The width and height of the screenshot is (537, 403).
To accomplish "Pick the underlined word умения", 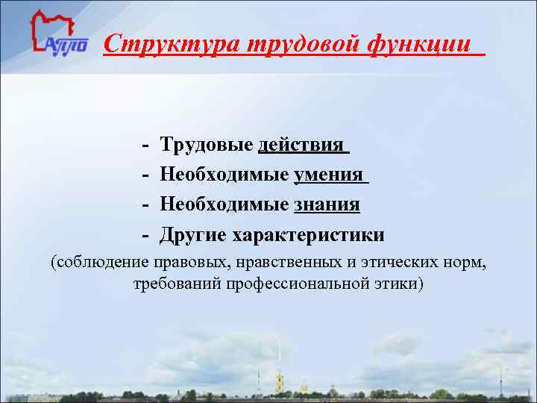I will (x=330, y=175).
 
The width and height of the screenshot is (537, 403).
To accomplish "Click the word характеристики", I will (x=309, y=235).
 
